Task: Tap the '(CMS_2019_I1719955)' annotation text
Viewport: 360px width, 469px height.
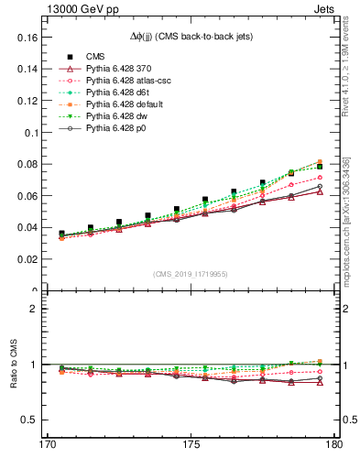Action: pos(191,273)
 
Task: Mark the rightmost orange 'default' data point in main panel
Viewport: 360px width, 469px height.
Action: pos(320,162)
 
